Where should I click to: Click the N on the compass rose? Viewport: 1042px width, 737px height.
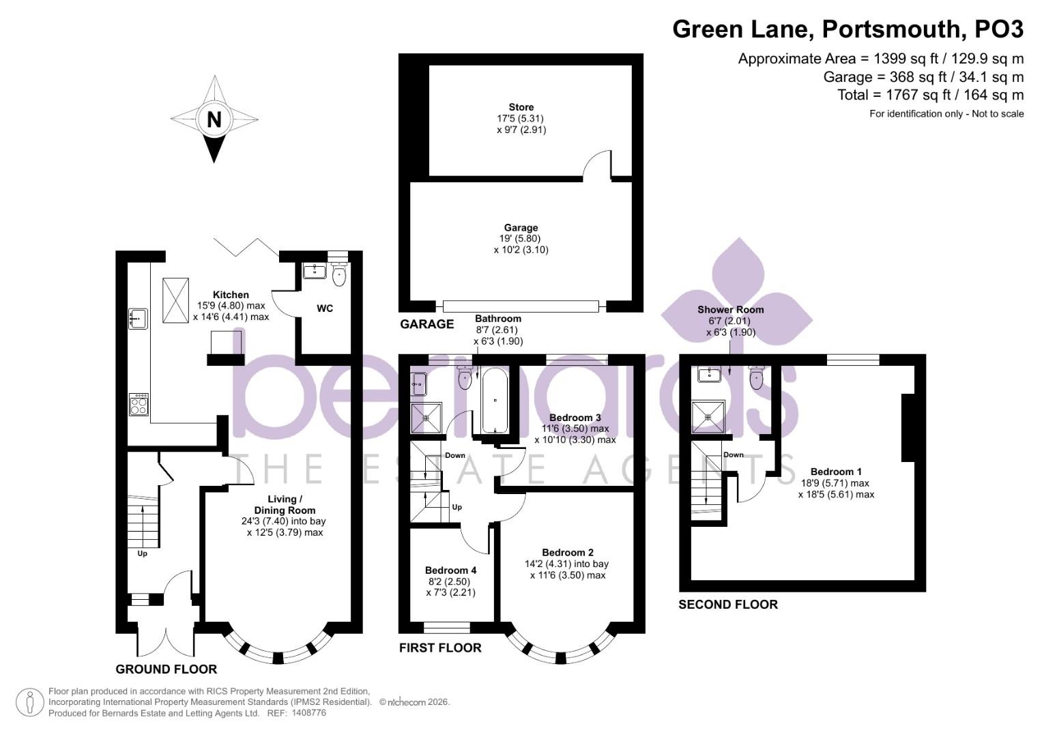pos(214,119)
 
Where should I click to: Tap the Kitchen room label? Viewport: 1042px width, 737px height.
pos(231,295)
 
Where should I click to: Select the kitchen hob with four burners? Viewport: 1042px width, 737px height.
pos(139,404)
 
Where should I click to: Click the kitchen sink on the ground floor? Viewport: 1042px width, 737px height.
pos(138,319)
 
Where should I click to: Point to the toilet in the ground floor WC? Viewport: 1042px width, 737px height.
pos(340,274)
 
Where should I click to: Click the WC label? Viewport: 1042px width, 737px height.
pos(325,308)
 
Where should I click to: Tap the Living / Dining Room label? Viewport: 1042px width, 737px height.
pos(285,504)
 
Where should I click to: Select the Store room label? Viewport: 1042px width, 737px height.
pos(521,107)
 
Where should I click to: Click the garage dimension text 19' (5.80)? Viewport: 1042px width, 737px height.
pos(521,239)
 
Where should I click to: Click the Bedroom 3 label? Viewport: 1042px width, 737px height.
pos(575,418)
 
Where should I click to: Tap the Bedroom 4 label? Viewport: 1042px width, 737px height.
pos(451,570)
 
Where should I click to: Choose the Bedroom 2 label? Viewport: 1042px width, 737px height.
pos(568,552)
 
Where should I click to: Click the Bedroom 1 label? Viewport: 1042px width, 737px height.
pos(836,472)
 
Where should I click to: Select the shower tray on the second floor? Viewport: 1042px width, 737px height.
pos(708,416)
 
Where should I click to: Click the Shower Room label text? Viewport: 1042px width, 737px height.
pos(730,309)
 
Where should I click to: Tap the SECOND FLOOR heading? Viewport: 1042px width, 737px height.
pos(728,605)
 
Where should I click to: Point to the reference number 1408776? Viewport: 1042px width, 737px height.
pos(309,713)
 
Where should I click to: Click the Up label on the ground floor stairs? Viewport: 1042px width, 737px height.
pos(143,553)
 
